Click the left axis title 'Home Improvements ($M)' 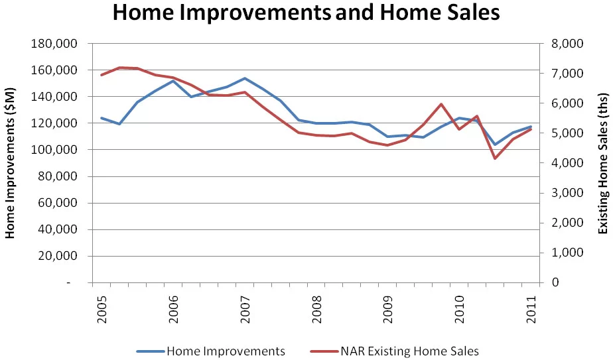click(x=11, y=162)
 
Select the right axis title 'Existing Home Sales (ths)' click(x=602, y=162)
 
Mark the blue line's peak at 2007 click(x=245, y=78)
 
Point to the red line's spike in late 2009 click(x=441, y=104)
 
